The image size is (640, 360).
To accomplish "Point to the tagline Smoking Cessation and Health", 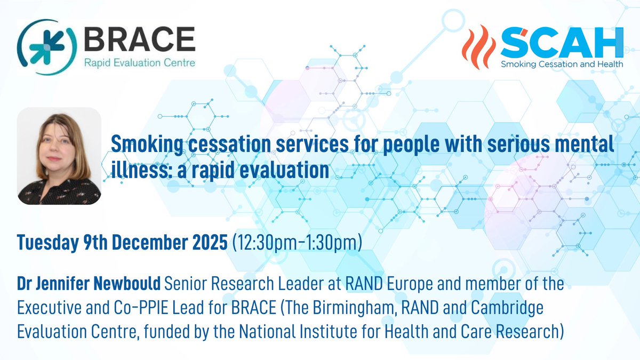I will (562, 64).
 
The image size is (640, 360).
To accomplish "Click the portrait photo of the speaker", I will (59, 156).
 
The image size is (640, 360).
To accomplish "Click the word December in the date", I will (150, 243).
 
